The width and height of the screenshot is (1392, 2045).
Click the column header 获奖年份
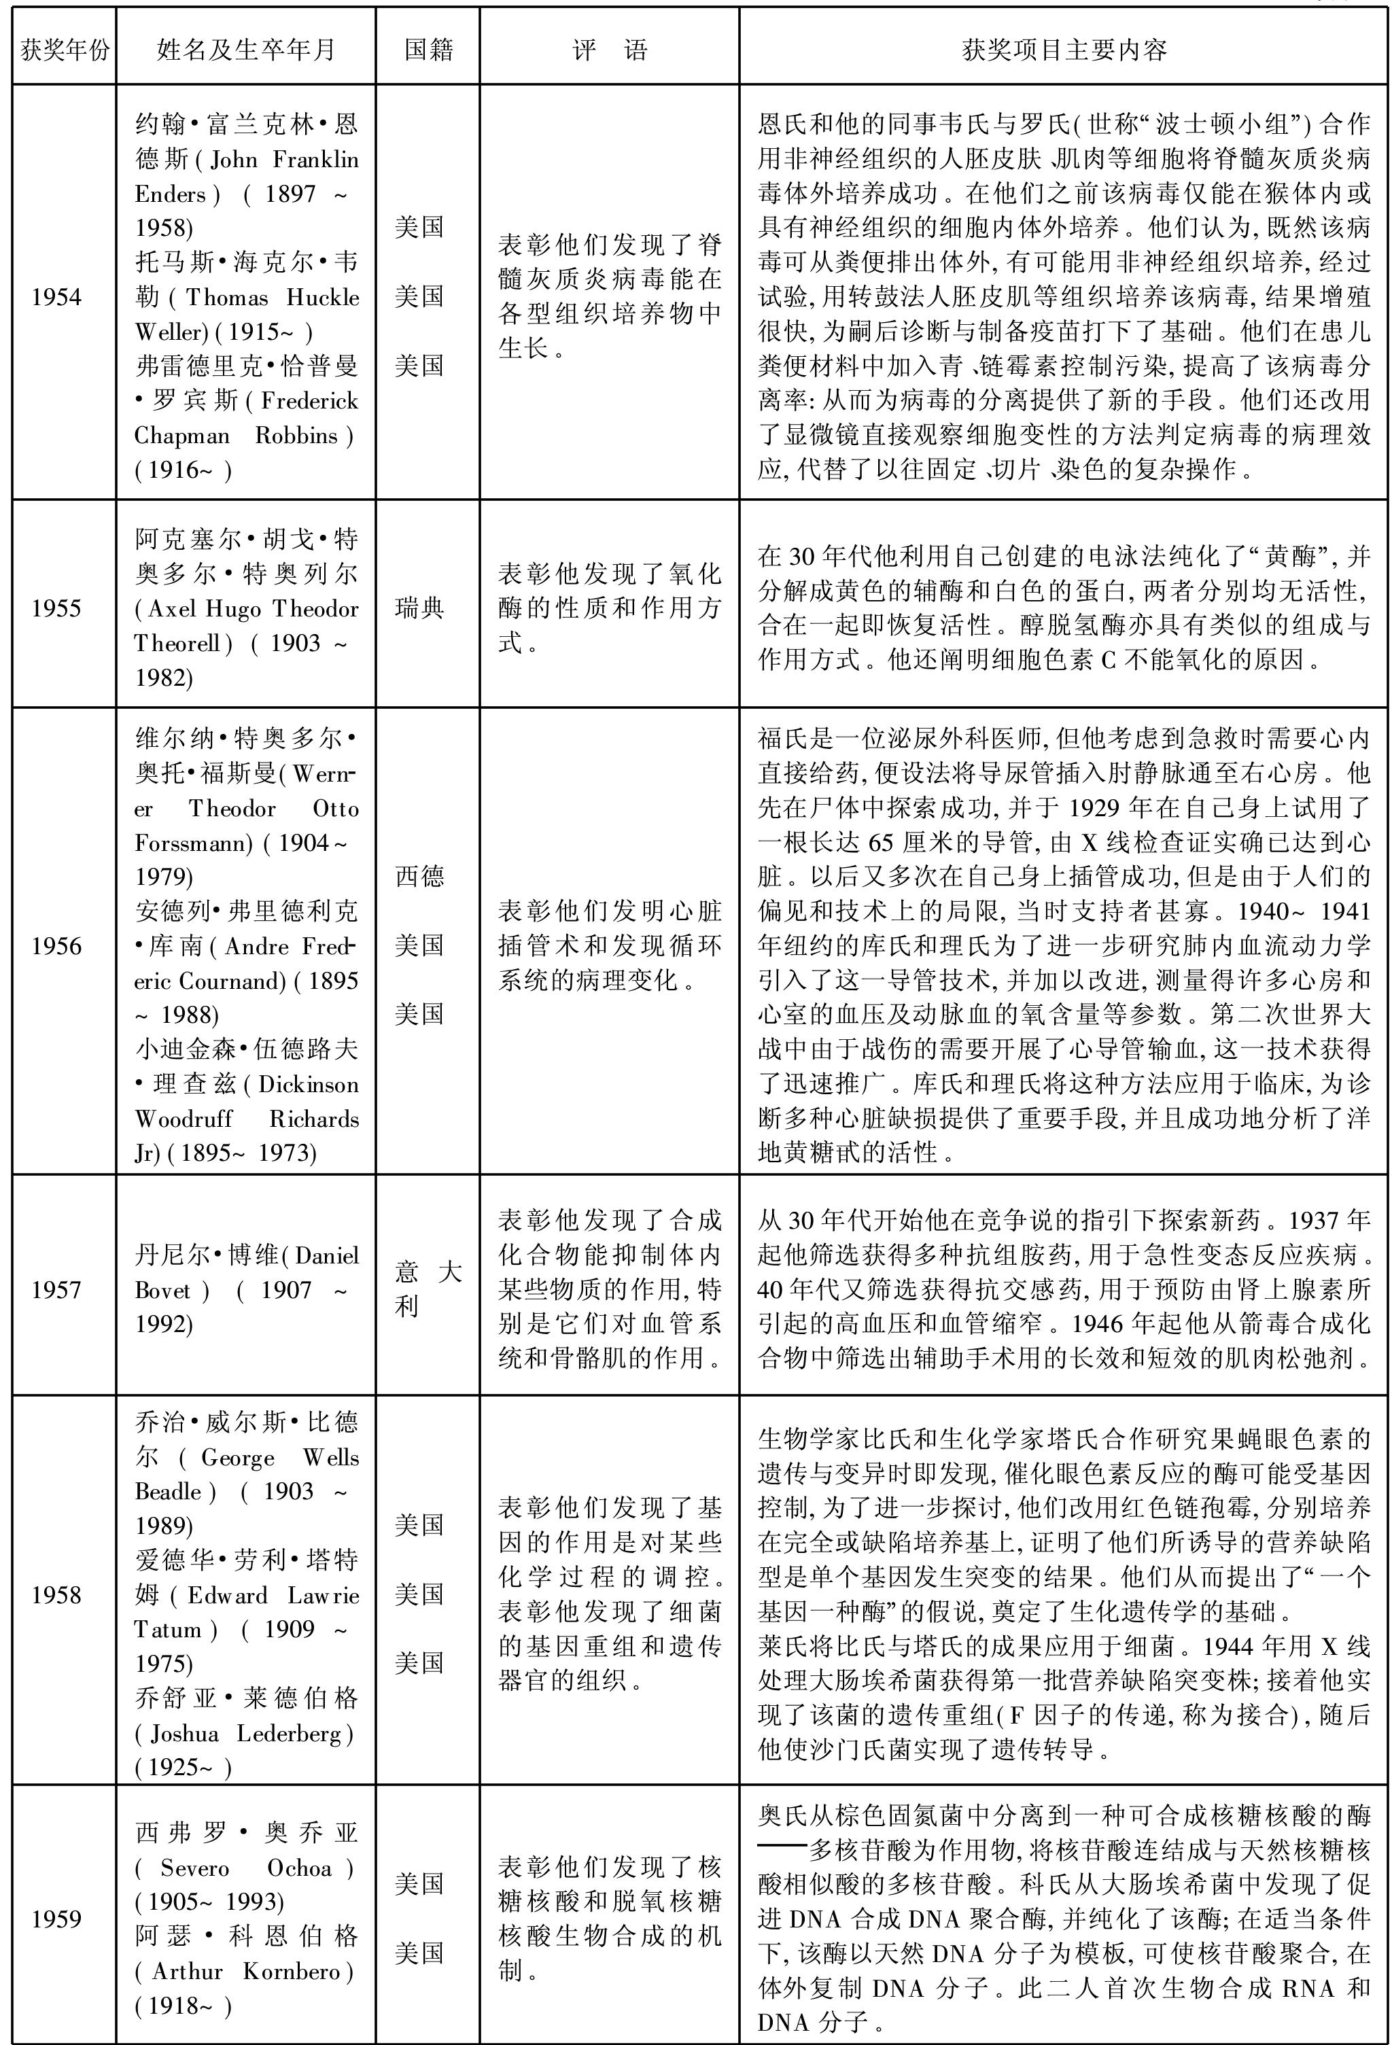(x=65, y=50)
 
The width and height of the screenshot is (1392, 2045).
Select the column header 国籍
(x=428, y=50)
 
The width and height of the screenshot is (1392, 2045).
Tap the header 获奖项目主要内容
(x=1064, y=50)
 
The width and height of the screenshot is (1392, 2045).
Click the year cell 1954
(x=56, y=296)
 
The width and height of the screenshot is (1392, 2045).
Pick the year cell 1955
(x=56, y=608)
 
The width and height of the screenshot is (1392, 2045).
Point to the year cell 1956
(x=56, y=946)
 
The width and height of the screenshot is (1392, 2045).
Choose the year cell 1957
(x=56, y=1290)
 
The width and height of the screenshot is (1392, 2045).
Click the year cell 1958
(x=56, y=1594)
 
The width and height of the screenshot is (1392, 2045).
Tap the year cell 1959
(x=56, y=1919)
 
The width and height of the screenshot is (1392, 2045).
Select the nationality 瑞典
(x=420, y=608)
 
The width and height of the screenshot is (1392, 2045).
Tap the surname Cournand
(x=232, y=980)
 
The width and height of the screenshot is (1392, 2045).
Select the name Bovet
(x=162, y=1290)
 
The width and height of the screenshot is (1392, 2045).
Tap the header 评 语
(x=609, y=50)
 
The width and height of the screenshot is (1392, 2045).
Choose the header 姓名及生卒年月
(x=246, y=50)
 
